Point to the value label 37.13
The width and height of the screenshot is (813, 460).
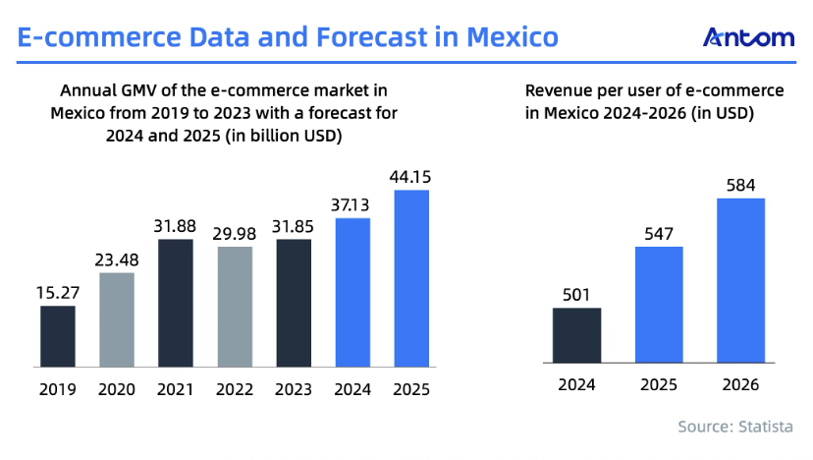tap(352, 204)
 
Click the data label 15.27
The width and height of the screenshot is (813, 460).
tap(58, 292)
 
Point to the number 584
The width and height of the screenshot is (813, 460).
tap(741, 184)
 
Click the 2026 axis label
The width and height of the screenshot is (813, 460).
tap(741, 385)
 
